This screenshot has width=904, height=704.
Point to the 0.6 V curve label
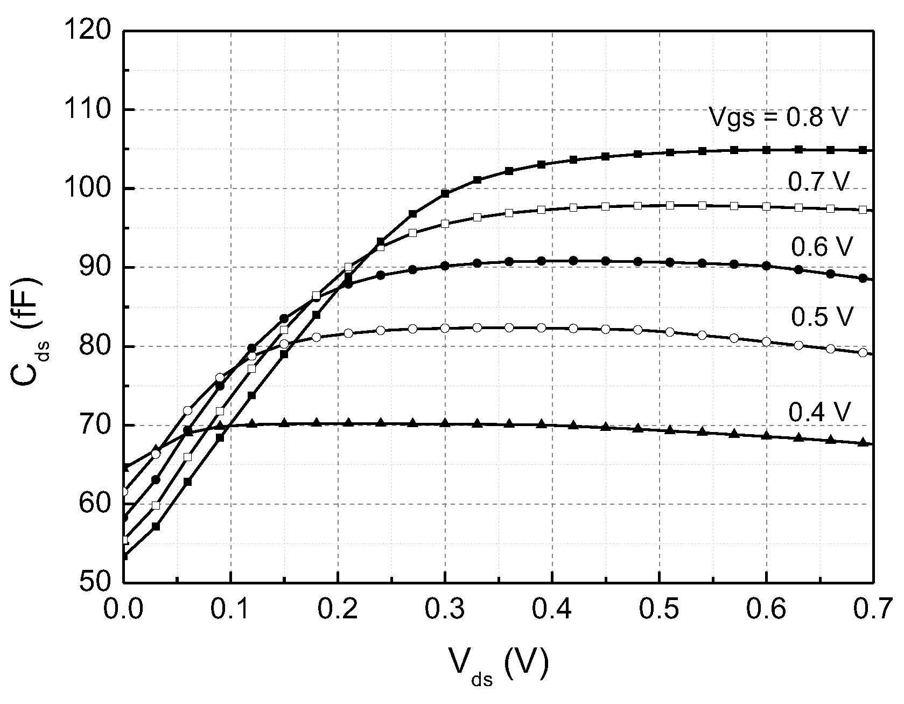822,247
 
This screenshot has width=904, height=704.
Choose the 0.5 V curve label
822,317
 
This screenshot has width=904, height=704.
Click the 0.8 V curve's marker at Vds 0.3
445,193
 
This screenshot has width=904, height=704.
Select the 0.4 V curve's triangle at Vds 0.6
767,436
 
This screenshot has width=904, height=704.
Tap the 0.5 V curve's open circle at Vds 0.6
767,341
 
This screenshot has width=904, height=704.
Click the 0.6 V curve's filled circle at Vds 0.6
767,266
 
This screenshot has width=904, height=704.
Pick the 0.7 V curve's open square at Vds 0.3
445,224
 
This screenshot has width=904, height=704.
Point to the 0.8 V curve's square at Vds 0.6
767,149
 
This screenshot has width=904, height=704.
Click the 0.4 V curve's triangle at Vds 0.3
445,423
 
